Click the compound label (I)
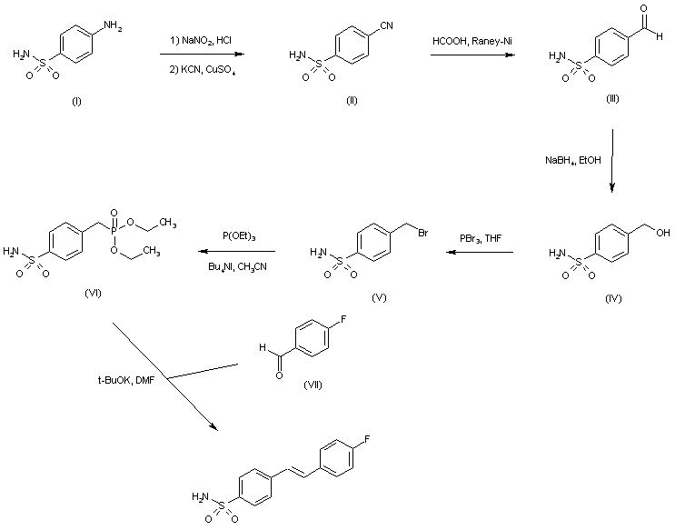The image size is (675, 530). pyautogui.click(x=75, y=101)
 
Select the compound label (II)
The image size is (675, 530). pyautogui.click(x=352, y=100)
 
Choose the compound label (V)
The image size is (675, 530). pyautogui.click(x=379, y=297)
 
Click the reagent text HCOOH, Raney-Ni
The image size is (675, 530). pyautogui.click(x=469, y=42)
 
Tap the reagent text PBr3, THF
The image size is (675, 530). pyautogui.click(x=481, y=238)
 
